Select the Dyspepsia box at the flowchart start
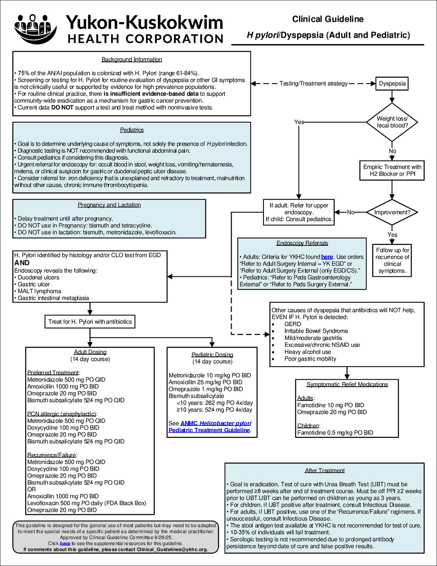tap(392, 84)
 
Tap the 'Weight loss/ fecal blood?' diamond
tap(392, 122)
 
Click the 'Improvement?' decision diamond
tap(392, 213)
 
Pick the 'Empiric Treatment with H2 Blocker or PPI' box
tap(392, 170)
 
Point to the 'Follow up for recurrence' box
tap(392, 260)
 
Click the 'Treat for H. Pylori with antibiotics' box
tap(90, 321)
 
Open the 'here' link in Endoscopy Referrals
tap(327, 257)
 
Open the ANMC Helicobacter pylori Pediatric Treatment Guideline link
tap(210, 427)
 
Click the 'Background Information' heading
tap(132, 59)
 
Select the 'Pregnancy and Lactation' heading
tap(109, 205)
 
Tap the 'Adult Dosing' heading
tap(90, 352)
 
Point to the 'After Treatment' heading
tap(325, 471)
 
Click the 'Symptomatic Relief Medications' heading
tap(347, 384)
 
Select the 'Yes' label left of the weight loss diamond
tap(299, 122)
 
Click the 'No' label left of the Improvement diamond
tap(350, 213)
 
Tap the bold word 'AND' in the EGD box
tap(22, 263)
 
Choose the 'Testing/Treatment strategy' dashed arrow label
tap(313, 84)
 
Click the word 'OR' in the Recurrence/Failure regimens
tap(31, 489)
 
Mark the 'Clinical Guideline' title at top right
tap(328, 19)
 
